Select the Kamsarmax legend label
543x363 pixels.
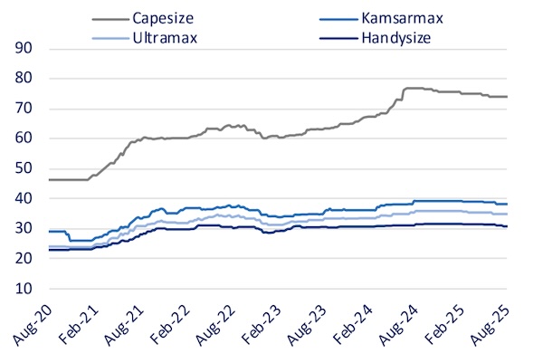402,18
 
